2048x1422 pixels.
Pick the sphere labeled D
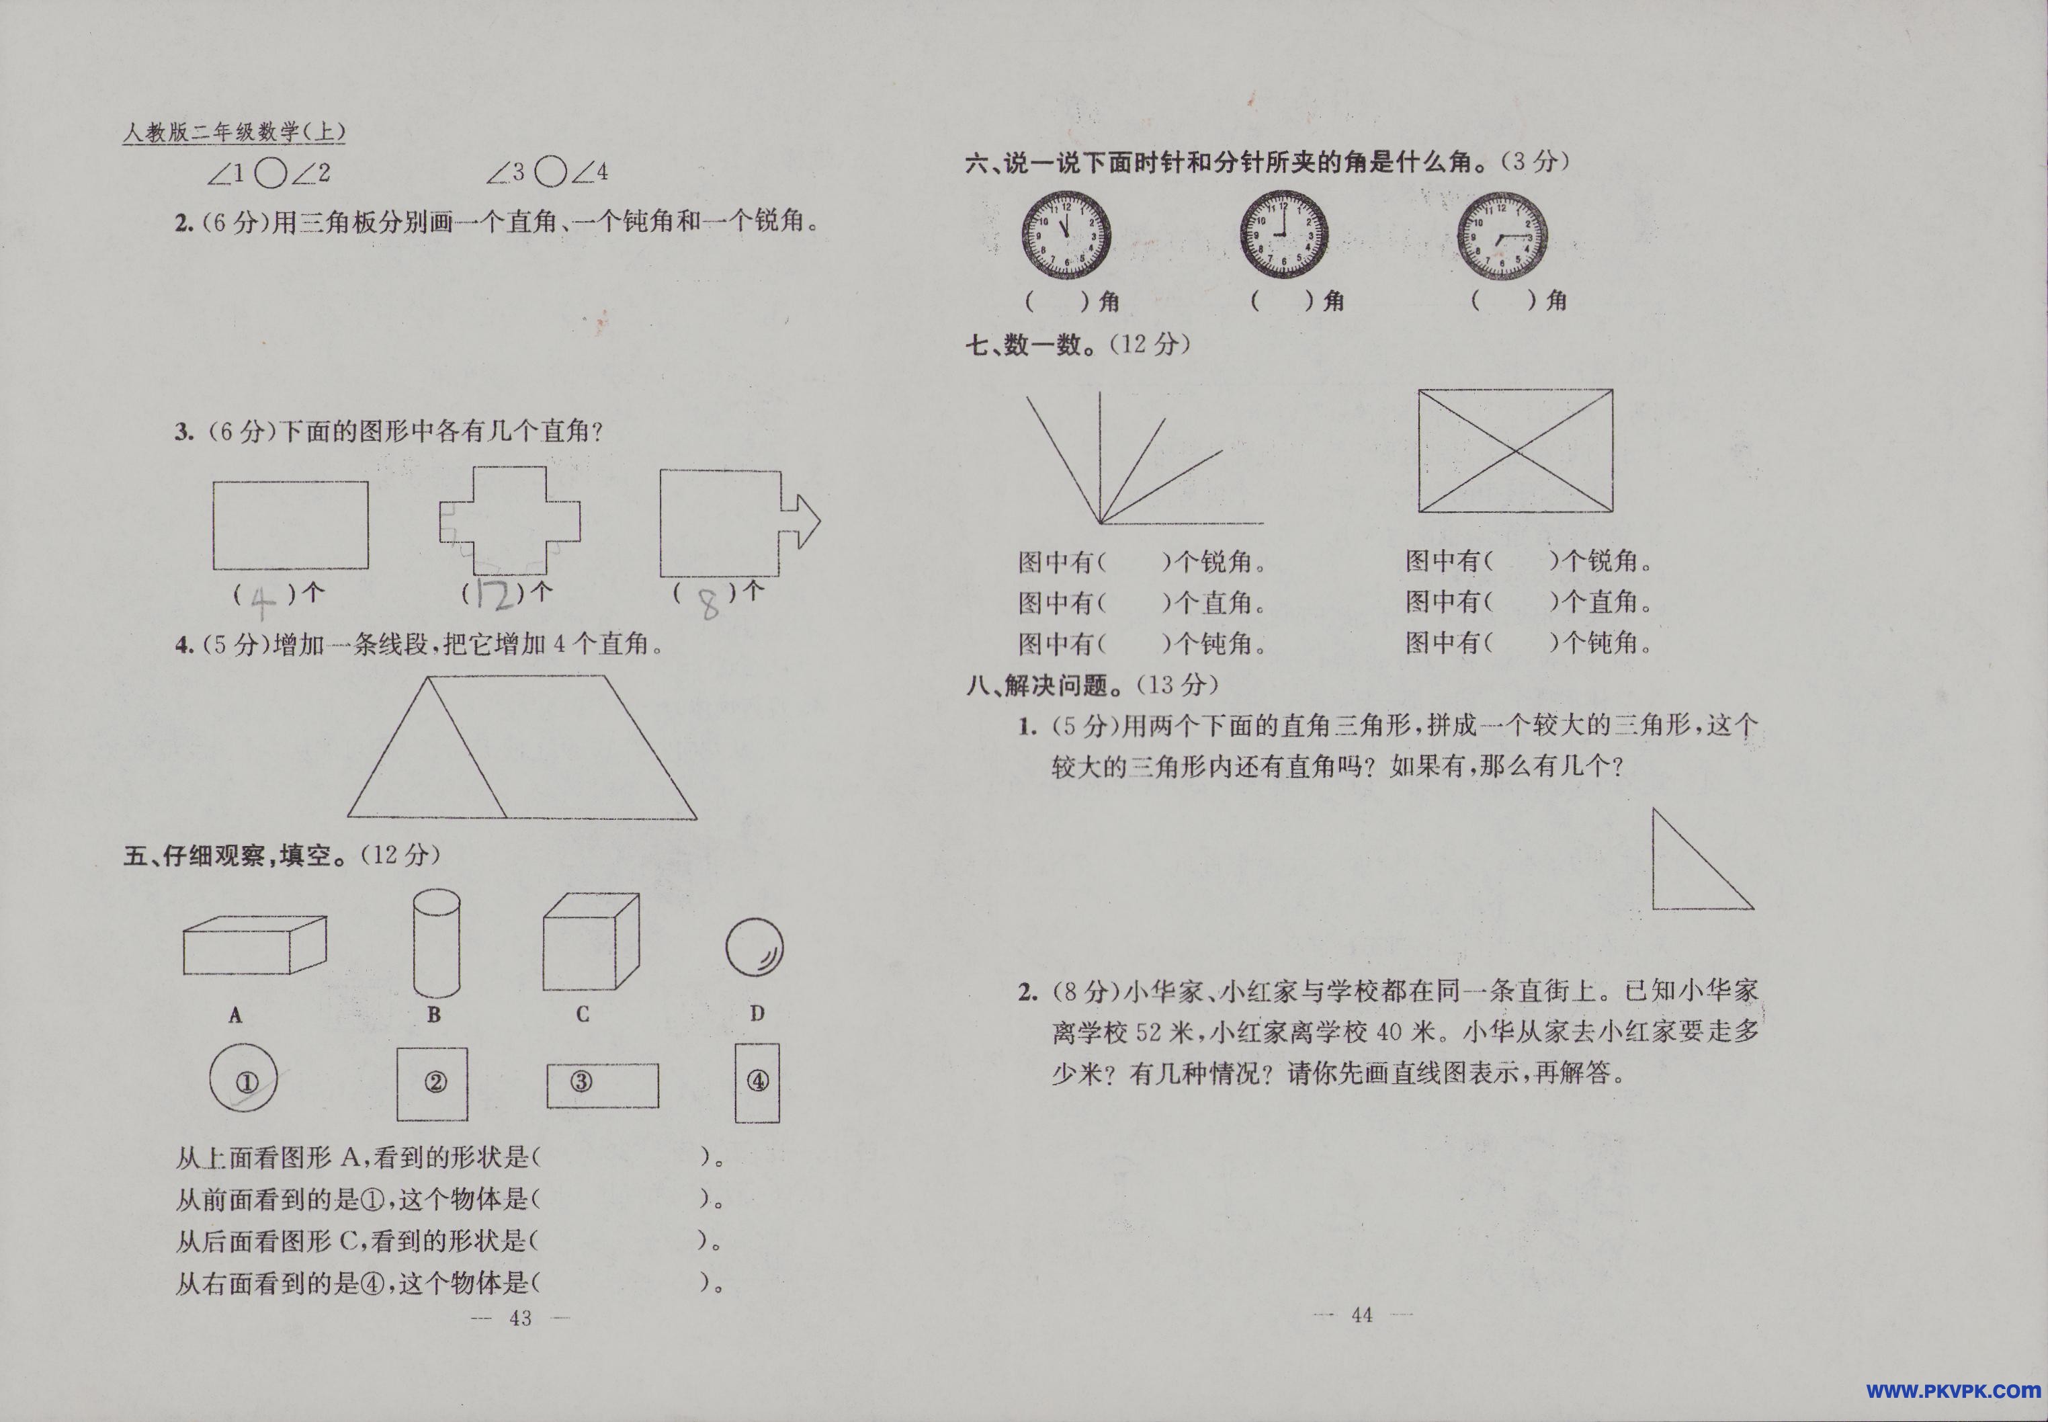(755, 947)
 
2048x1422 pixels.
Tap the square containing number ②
(433, 1083)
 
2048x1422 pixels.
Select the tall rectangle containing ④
(757, 1083)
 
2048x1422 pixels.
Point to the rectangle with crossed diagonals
(1515, 451)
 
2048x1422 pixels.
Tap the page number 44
(1362, 1315)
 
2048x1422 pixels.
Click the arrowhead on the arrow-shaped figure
(804, 522)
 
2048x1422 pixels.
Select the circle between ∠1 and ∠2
(270, 172)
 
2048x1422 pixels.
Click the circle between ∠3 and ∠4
(552, 171)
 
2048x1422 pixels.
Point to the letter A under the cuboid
(235, 1015)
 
